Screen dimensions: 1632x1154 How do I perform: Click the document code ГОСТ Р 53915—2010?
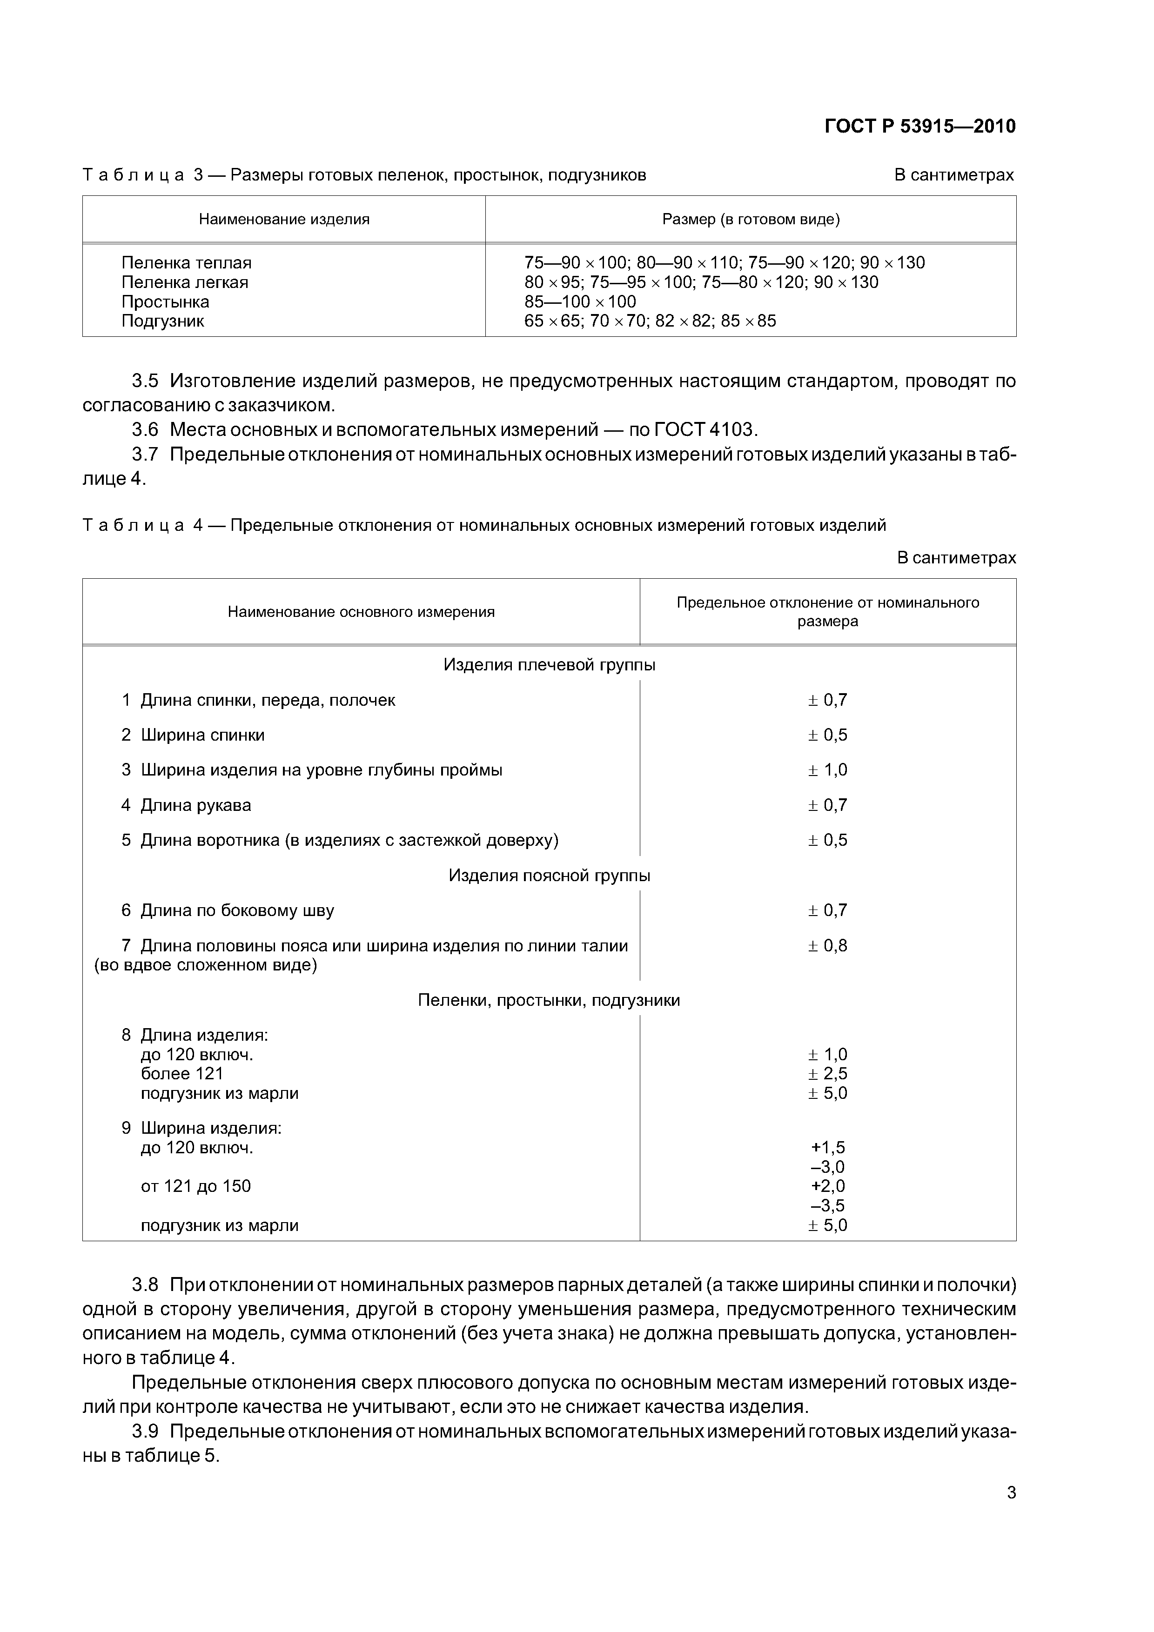point(919,127)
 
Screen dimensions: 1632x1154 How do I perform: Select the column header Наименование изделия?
point(284,219)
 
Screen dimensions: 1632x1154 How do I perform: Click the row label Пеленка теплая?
point(186,263)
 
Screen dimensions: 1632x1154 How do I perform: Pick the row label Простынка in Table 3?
point(165,301)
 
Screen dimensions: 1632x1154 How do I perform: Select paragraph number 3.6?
point(145,429)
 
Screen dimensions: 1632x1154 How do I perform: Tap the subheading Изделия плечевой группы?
point(549,665)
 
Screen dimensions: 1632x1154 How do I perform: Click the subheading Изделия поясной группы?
point(549,875)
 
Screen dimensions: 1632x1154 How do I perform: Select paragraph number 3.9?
point(145,1431)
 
